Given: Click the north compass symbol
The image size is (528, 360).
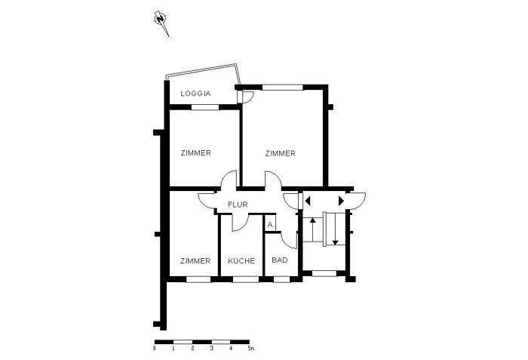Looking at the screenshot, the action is [x=161, y=23].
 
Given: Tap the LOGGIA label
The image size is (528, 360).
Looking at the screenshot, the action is [x=195, y=94].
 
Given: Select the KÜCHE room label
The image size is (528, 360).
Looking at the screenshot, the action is [x=241, y=260].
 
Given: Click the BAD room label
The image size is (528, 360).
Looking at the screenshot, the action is [x=280, y=260].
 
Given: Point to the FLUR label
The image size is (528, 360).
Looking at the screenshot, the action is [x=238, y=205].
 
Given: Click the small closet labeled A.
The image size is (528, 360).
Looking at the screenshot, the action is [x=270, y=224].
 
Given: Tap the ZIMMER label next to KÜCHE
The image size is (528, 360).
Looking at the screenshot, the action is [x=195, y=261].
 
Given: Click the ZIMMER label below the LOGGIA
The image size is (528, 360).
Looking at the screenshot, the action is [x=195, y=153].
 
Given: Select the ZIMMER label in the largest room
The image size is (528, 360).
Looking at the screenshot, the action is [x=280, y=153].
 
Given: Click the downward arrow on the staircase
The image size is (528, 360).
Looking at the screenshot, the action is [x=335, y=229].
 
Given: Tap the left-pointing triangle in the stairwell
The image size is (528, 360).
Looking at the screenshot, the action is [x=308, y=202].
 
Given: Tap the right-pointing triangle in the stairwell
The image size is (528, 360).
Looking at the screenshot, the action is [x=341, y=202].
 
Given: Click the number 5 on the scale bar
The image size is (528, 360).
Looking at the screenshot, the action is [x=249, y=349].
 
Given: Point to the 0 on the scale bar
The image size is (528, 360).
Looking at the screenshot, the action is [x=155, y=349].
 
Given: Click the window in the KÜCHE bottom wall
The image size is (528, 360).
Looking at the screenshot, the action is [x=246, y=279].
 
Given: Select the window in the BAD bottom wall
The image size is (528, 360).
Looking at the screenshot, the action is [x=281, y=279].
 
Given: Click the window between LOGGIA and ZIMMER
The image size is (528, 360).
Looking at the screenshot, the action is [x=205, y=107].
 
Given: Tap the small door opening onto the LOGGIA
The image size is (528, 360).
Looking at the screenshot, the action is [x=245, y=97].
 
